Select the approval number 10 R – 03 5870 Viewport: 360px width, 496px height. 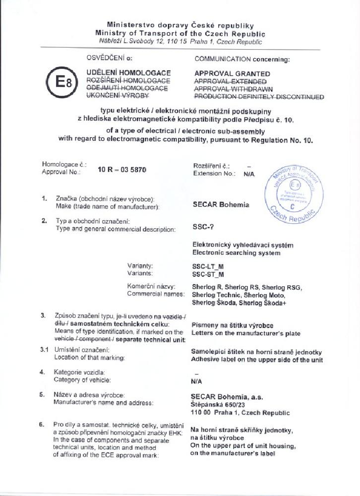click(x=121, y=170)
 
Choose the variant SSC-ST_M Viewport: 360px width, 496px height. click(x=208, y=274)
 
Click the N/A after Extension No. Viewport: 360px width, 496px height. click(x=249, y=174)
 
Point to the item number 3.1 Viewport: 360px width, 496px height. click(x=44, y=350)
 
